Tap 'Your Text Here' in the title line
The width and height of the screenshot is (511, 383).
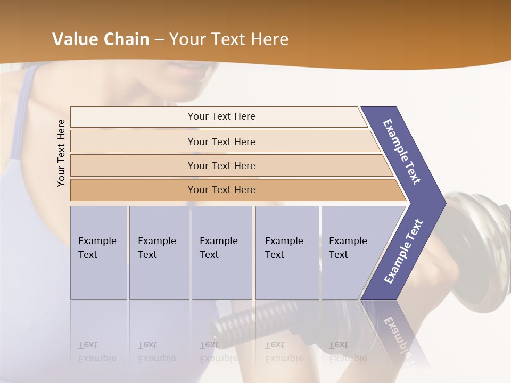tap(229, 39)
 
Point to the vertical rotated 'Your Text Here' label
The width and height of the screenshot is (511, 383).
tap(61, 153)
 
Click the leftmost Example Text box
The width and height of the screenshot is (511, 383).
tap(98, 253)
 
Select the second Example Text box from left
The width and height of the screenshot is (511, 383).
tap(159, 253)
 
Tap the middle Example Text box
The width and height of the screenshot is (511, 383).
tap(221, 253)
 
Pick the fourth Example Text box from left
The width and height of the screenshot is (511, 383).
tap(287, 253)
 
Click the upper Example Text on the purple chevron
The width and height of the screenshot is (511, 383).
tap(402, 152)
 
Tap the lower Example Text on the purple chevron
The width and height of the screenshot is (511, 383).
tap(403, 251)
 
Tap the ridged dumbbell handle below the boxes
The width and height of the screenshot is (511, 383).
tap(256, 319)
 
